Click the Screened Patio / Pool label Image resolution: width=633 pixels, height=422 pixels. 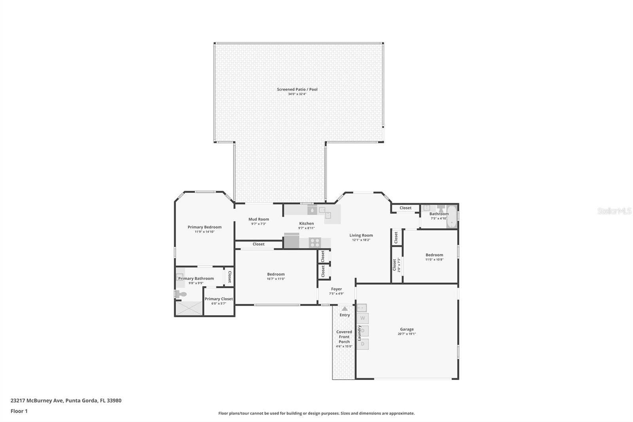click(x=297, y=89)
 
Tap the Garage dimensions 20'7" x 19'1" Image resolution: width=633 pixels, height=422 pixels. click(x=407, y=334)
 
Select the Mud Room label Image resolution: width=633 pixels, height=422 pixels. click(x=258, y=219)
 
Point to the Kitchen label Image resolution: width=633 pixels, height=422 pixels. click(x=306, y=224)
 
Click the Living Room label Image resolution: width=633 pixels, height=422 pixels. click(x=361, y=236)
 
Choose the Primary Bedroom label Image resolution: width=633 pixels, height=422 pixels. click(x=205, y=227)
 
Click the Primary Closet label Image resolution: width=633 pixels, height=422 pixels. click(x=219, y=299)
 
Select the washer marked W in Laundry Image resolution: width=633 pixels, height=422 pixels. click(x=362, y=318)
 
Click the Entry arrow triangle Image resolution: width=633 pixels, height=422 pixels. click(x=345, y=309)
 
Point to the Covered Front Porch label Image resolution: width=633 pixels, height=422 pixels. click(x=344, y=337)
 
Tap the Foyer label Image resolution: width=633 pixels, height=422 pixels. click(x=336, y=289)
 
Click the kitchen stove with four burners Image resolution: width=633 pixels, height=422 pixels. click(x=315, y=242)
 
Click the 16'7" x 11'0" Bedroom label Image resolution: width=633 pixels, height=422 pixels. click(x=276, y=274)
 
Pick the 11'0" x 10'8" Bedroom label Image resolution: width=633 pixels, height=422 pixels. click(x=434, y=255)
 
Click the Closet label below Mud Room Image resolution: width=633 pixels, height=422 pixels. click(x=258, y=244)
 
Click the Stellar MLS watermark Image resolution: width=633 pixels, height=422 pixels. click(x=614, y=211)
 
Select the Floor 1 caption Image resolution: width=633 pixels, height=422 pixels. click(x=19, y=411)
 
